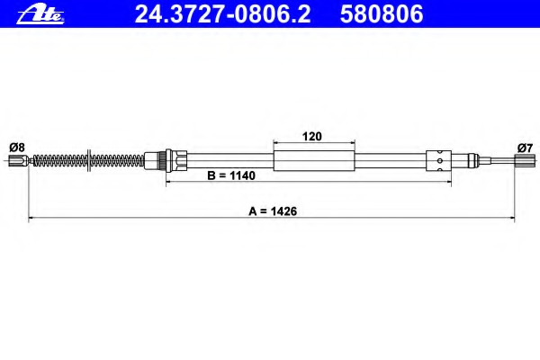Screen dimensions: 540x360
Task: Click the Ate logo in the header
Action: click(40, 14)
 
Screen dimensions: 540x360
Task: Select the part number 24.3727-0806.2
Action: click(222, 14)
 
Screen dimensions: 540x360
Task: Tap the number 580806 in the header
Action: click(382, 14)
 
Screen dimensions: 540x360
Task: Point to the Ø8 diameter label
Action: click(17, 148)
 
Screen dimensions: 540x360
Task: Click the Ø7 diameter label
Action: click(525, 148)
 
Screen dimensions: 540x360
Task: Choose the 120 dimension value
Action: click(312, 137)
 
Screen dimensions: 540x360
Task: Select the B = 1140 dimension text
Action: click(231, 175)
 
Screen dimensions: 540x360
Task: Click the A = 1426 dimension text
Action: click(273, 211)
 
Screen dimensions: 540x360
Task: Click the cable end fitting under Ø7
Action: click(525, 159)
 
